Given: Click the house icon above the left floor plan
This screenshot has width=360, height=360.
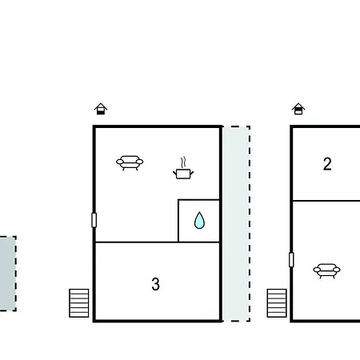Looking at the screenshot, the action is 101,109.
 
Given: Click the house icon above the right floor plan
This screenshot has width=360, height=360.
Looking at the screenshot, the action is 298,109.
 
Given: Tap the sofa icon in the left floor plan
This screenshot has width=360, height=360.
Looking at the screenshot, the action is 130,163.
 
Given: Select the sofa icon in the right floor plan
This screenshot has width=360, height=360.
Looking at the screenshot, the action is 326,271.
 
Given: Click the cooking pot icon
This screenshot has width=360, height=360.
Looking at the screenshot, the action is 183,174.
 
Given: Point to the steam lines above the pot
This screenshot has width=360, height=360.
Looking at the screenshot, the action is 183,162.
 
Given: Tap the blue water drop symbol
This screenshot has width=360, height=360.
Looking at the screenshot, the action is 199,221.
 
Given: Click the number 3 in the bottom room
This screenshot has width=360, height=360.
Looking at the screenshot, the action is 155,284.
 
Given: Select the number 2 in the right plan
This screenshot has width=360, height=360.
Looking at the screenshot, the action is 327,164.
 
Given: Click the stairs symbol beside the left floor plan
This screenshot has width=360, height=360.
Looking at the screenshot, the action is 79,303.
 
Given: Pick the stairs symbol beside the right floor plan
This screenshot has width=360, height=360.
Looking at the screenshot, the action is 277,303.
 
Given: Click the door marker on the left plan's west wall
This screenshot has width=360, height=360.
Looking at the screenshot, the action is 94,220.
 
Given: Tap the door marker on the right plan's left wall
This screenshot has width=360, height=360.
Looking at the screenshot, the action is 291,259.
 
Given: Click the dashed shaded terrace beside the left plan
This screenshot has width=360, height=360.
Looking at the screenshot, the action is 236,224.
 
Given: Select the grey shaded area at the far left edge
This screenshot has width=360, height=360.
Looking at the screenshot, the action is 8,274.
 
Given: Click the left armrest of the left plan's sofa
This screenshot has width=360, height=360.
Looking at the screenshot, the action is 120,162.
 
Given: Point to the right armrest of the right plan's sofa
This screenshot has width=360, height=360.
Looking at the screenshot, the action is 337,270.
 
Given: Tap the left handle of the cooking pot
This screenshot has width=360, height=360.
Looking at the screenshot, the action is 175,174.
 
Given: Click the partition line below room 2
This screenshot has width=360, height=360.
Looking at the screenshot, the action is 326,201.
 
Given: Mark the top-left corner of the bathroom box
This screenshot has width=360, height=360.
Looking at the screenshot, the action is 178,199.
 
